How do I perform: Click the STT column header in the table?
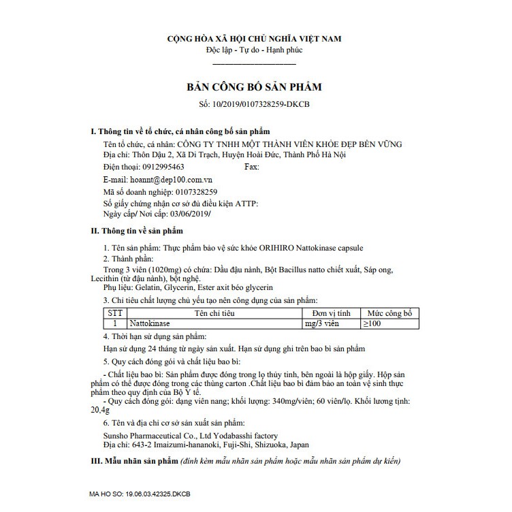click(x=115, y=314)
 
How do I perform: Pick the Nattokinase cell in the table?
click(x=150, y=324)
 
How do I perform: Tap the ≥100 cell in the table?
click(x=370, y=324)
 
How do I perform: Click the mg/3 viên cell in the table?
click(x=323, y=324)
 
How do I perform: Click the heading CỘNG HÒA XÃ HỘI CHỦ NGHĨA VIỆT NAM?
click(x=255, y=38)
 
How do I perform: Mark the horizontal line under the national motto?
click(x=255, y=63)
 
